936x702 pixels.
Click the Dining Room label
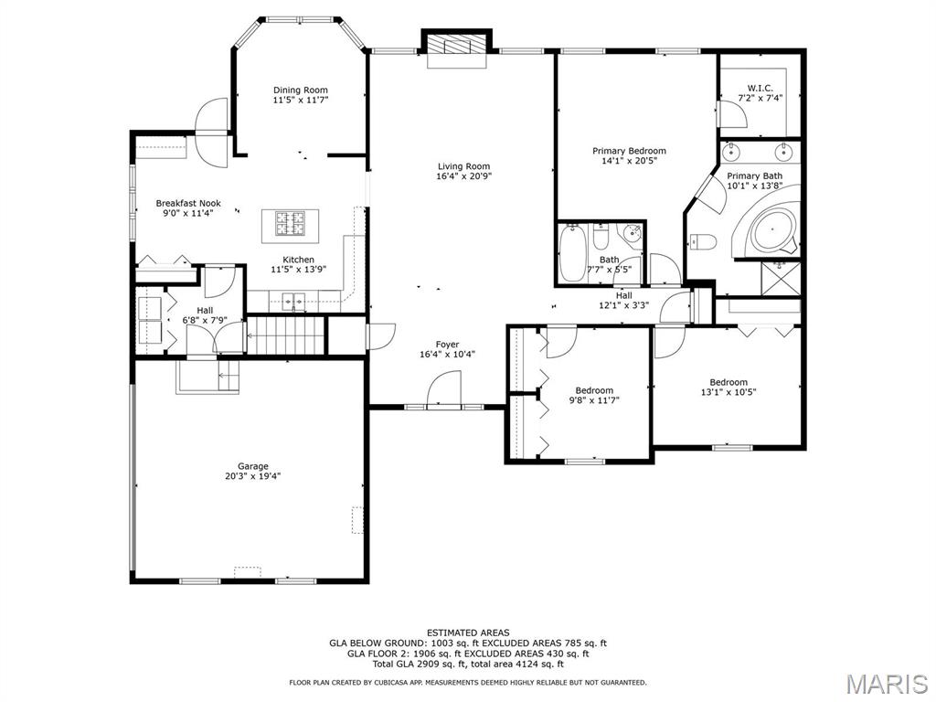pos(301,90)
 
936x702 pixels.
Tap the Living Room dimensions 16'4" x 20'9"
pos(463,176)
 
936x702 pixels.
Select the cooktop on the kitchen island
pos(290,224)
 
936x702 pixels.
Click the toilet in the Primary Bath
pos(703,241)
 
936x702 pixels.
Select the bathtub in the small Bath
pos(572,253)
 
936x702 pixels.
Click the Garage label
pos(253,466)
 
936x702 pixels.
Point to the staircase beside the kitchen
pos(285,335)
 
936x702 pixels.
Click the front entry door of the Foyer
pos(444,389)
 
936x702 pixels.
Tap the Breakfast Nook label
pos(188,203)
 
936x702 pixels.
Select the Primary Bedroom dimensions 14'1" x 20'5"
pos(629,161)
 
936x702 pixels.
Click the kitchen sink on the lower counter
pos(293,301)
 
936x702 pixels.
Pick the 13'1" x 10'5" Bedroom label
pos(729,388)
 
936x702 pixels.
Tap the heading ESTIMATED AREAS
pos(468,633)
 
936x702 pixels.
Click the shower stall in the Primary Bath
pos(781,278)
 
